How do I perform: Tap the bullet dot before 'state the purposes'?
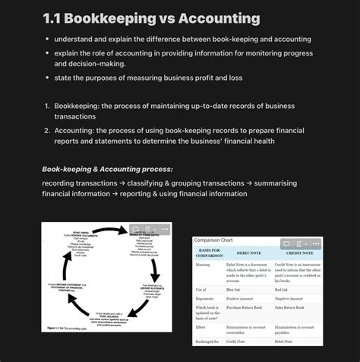(47, 78)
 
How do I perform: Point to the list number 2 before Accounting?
(47, 130)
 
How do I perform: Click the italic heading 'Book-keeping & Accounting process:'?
(107, 168)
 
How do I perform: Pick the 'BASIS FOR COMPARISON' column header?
(209, 252)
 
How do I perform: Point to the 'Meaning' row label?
(202, 265)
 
